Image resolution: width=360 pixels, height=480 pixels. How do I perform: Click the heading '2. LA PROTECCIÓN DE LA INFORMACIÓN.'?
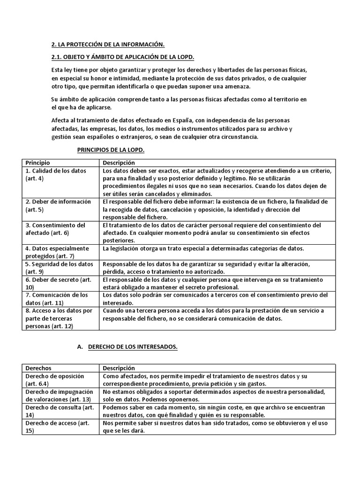(108, 45)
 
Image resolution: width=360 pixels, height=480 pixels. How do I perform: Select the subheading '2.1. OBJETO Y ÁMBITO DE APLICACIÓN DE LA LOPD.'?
(122, 57)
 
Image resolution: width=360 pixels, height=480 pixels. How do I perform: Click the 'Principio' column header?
(37, 163)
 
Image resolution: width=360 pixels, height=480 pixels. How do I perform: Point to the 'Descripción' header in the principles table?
(119, 163)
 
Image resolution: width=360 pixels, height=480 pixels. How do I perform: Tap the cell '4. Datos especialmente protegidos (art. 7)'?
(61, 252)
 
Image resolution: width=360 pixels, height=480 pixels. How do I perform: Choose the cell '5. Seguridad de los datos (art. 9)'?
(61, 268)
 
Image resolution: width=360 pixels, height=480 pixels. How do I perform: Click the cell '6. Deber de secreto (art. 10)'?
(61, 283)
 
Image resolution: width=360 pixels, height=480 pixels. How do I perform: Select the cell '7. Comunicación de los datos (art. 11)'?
(61, 299)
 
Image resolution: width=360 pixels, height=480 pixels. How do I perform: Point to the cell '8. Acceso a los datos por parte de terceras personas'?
(61, 318)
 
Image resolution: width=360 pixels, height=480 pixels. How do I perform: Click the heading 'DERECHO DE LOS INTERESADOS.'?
(133, 347)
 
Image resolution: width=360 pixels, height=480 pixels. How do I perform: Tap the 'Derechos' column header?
(38, 368)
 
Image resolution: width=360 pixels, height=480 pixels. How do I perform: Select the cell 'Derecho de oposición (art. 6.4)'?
(61, 380)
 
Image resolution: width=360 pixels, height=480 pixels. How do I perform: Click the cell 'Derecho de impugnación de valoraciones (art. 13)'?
(61, 395)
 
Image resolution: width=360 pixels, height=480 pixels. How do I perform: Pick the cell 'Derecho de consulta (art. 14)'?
(61, 411)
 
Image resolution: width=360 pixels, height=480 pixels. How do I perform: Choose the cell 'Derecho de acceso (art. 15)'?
(61, 427)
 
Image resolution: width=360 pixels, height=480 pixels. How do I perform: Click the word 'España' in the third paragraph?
(191, 120)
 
